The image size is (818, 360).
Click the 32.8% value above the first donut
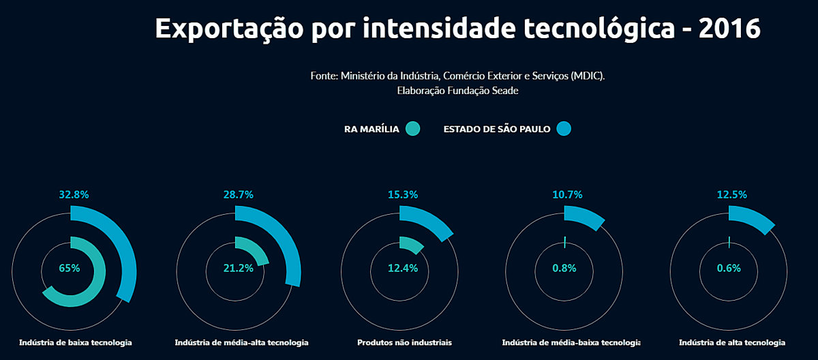click(74, 194)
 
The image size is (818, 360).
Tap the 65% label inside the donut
click(70, 268)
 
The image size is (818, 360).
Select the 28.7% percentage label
click(239, 194)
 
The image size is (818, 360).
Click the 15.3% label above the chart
click(403, 194)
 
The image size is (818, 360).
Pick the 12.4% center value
click(403, 268)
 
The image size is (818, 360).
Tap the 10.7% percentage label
click(567, 194)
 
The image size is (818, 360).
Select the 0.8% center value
click(564, 268)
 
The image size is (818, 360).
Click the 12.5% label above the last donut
click(732, 194)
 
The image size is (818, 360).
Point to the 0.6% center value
click(729, 268)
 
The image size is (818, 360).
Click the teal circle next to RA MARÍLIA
click(412, 128)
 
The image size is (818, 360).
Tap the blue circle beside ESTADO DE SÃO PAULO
click(563, 128)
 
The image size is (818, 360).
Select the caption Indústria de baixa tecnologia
click(76, 342)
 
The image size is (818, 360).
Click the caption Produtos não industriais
click(404, 342)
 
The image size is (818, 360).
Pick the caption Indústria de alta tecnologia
click(732, 342)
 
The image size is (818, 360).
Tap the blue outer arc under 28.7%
click(290, 245)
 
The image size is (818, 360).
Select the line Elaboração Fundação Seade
click(457, 91)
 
